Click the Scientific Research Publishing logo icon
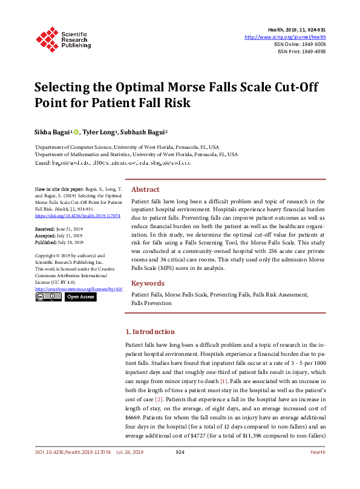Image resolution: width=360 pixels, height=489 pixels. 46,38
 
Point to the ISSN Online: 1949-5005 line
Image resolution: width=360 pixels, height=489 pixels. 299,44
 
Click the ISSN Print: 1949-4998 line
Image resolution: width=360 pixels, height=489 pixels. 301,51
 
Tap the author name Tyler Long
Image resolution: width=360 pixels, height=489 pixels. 100,131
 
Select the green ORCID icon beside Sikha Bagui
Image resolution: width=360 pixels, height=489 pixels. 76,131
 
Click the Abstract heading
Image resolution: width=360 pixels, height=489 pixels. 145,189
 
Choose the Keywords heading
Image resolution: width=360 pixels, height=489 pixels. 148,283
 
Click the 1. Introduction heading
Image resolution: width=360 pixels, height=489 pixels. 150,332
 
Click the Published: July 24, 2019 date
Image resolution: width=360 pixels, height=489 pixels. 59,242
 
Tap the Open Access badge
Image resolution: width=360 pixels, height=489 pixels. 80,297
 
